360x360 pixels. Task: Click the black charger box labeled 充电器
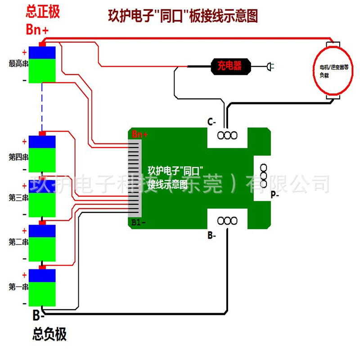(231, 67)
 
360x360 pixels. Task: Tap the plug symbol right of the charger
(270, 67)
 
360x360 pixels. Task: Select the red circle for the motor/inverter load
(333, 71)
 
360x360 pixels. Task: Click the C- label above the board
(211, 121)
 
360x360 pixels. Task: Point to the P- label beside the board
(274, 195)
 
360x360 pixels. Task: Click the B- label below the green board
(211, 235)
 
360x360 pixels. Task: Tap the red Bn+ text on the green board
(139, 134)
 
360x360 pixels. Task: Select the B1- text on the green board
(138, 222)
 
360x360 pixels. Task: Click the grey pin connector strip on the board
(135, 178)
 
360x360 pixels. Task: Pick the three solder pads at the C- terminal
(227, 135)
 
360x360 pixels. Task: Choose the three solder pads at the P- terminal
(263, 175)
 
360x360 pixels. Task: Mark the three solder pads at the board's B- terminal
(227, 221)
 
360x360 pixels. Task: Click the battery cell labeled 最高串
(42, 64)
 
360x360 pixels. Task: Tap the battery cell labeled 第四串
(42, 154)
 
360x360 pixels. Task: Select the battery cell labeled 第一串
(42, 288)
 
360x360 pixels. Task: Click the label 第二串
(18, 242)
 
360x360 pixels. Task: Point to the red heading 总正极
(43, 12)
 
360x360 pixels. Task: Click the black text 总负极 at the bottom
(49, 334)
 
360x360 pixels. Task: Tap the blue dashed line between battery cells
(42, 107)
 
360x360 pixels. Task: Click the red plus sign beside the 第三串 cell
(24, 186)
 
